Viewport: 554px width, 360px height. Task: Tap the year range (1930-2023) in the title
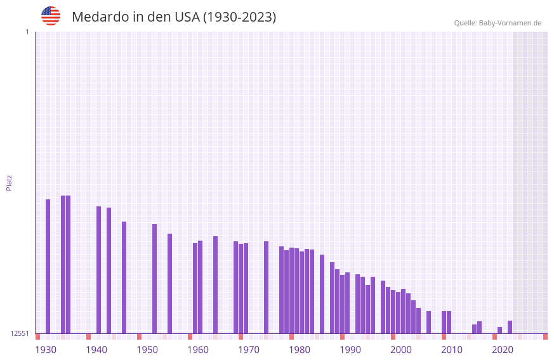click(239, 17)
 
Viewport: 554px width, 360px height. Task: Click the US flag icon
click(51, 16)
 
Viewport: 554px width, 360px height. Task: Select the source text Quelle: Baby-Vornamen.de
click(498, 23)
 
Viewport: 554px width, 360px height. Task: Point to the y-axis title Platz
click(9, 182)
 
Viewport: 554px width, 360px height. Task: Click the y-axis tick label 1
click(27, 32)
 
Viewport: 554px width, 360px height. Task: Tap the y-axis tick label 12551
click(20, 333)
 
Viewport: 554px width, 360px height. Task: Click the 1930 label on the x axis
click(46, 350)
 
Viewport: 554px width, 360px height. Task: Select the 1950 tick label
click(147, 350)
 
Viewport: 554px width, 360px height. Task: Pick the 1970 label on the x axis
click(249, 350)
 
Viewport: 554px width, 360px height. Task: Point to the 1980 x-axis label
click(300, 350)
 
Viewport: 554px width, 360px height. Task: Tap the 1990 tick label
click(350, 350)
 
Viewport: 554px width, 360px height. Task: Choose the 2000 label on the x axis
click(401, 350)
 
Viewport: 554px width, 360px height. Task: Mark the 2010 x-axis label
click(452, 350)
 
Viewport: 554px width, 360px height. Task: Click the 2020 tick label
click(503, 350)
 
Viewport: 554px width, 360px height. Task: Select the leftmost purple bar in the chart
click(48, 266)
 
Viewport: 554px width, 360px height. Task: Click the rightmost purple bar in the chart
click(510, 327)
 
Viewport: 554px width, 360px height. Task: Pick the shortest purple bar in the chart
click(499, 330)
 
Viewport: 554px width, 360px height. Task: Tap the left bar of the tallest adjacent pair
click(63, 264)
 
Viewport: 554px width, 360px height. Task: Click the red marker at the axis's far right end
click(545, 337)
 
